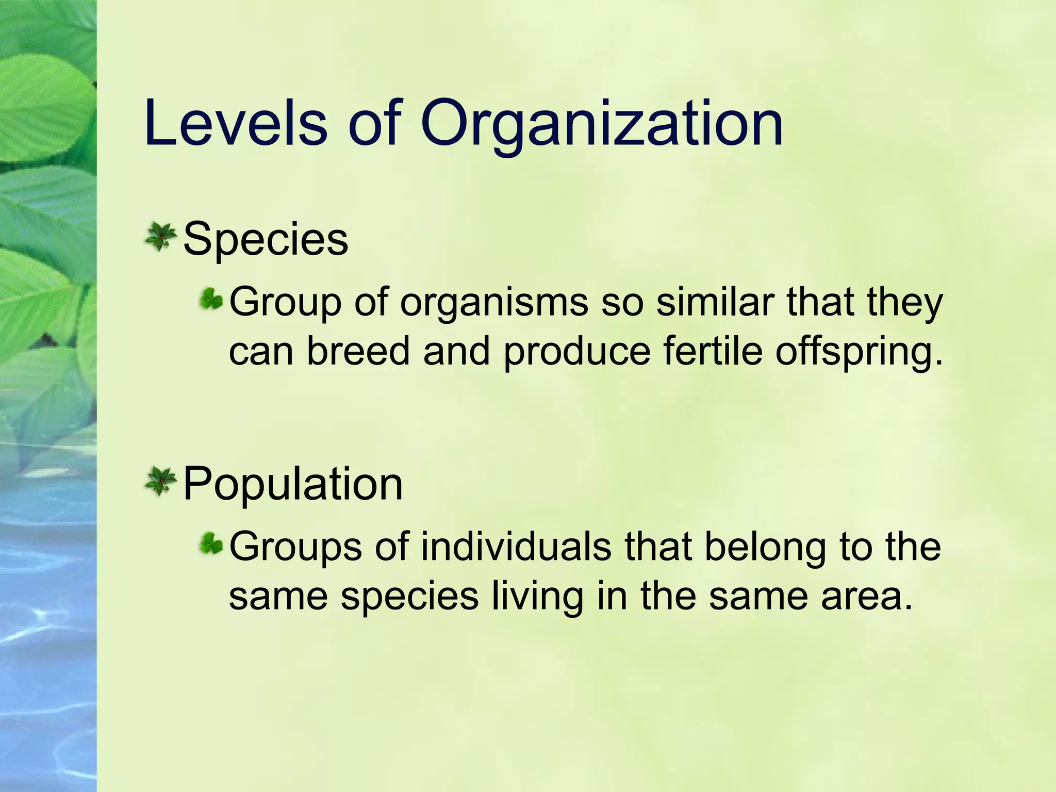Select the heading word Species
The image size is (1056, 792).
tap(266, 239)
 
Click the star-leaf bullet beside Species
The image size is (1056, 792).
tap(161, 237)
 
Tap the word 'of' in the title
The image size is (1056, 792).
tap(375, 124)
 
